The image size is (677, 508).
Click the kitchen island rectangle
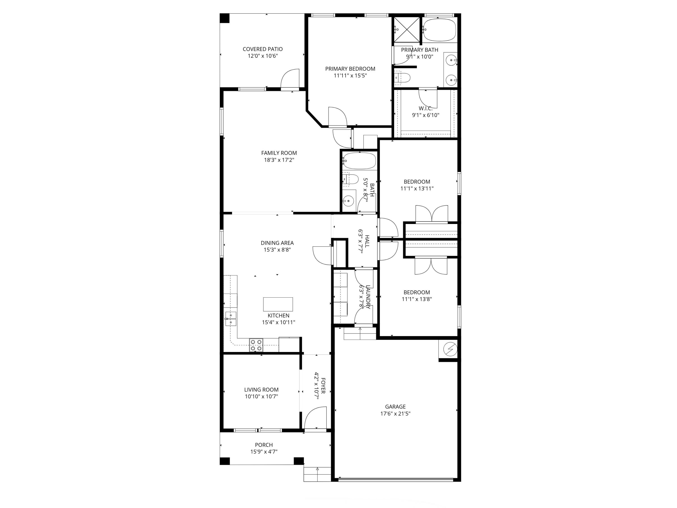(278, 304)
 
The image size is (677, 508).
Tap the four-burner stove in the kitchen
(256, 345)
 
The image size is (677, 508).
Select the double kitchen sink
(231, 319)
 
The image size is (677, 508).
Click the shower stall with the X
(407, 30)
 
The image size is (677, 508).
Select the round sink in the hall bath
(348, 201)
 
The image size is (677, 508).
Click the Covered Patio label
(263, 49)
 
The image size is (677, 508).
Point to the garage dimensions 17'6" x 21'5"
(395, 413)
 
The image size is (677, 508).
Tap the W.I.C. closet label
(425, 108)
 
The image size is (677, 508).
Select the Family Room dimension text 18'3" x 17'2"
(279, 160)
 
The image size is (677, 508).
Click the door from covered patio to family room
(290, 79)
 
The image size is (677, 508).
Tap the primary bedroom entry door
(337, 117)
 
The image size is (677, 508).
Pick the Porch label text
(264, 445)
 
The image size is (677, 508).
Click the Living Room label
(261, 389)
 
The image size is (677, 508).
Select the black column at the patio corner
(225, 18)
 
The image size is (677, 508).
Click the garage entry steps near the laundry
(360, 333)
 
